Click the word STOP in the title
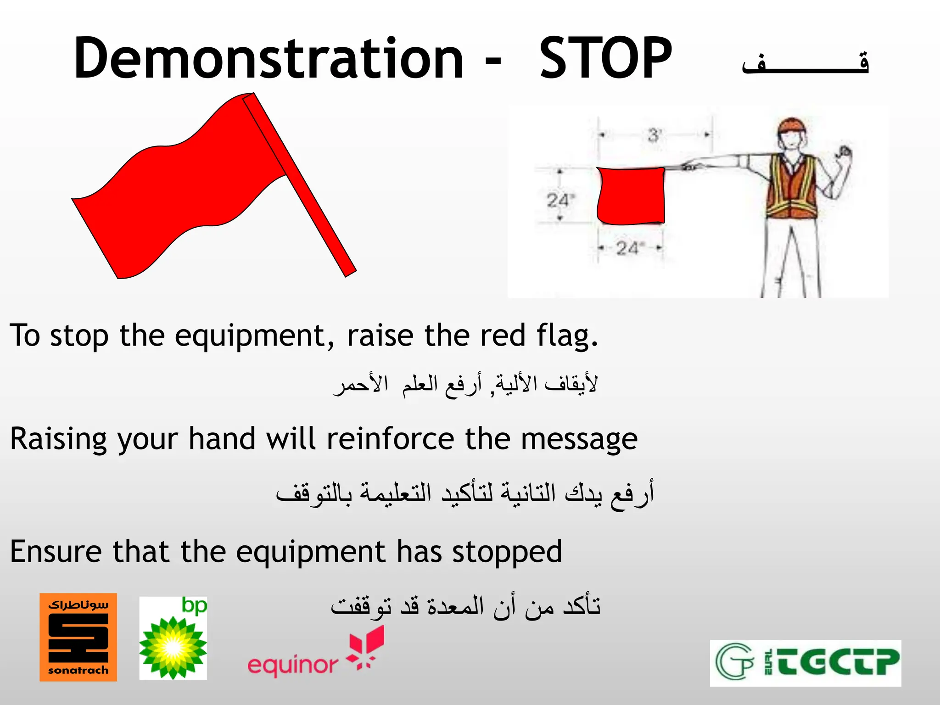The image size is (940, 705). pyautogui.click(x=605, y=59)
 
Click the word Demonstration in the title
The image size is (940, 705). pyautogui.click(x=269, y=59)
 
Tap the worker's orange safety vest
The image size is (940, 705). pyautogui.click(x=792, y=188)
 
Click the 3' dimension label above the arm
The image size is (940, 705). pyautogui.click(x=654, y=135)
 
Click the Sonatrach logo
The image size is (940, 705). pyautogui.click(x=78, y=637)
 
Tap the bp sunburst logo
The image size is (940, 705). pyautogui.click(x=173, y=638)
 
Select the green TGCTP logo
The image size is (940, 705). pyautogui.click(x=806, y=663)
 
